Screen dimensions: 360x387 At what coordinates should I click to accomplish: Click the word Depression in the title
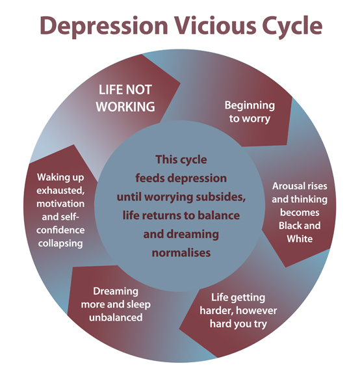click(x=103, y=26)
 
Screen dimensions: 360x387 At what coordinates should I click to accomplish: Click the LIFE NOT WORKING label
click(x=125, y=98)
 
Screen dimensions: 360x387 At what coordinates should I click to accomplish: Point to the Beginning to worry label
click(x=250, y=112)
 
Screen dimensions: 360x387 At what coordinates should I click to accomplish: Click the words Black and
click(x=300, y=225)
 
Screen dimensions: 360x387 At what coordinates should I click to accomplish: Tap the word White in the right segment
click(x=300, y=239)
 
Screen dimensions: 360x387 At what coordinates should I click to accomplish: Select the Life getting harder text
click(x=238, y=304)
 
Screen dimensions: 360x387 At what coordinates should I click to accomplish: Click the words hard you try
click(x=238, y=324)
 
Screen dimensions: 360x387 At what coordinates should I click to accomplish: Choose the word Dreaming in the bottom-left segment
click(x=116, y=292)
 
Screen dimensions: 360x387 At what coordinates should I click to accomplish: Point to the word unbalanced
click(x=116, y=317)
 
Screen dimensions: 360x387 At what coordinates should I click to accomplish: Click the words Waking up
click(x=60, y=178)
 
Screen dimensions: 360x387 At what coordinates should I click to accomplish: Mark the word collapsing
click(x=60, y=244)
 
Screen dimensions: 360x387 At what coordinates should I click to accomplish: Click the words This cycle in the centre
click(x=181, y=159)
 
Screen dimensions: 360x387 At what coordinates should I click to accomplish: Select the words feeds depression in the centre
click(x=181, y=178)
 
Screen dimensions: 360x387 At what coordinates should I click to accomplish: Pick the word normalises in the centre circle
click(x=181, y=253)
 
